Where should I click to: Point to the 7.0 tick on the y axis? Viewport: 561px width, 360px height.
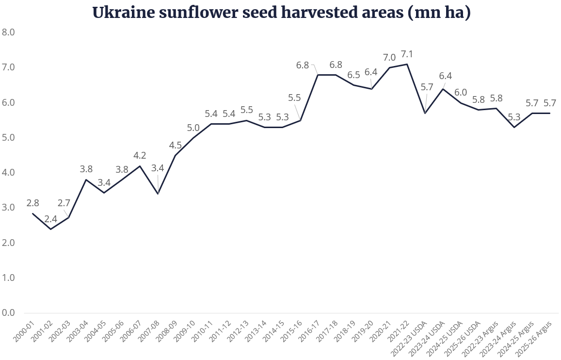coord(9,67)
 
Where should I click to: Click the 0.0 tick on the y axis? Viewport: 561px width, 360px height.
coord(9,312)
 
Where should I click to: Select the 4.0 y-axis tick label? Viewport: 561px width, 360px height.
coord(9,173)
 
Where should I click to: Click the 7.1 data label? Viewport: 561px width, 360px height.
coord(407,54)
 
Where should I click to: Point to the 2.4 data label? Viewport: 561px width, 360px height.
coord(50,219)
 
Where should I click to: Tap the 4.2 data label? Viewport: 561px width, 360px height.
coord(140,156)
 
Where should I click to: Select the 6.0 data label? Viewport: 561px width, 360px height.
coord(461,93)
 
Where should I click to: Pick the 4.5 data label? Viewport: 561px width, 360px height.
coord(175,145)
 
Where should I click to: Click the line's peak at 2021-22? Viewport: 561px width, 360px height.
coord(407,64)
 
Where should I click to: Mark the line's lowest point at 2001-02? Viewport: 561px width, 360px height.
coord(50,229)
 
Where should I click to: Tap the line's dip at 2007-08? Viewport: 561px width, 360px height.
coord(158,194)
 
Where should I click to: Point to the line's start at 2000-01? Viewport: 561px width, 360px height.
coord(32,213)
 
